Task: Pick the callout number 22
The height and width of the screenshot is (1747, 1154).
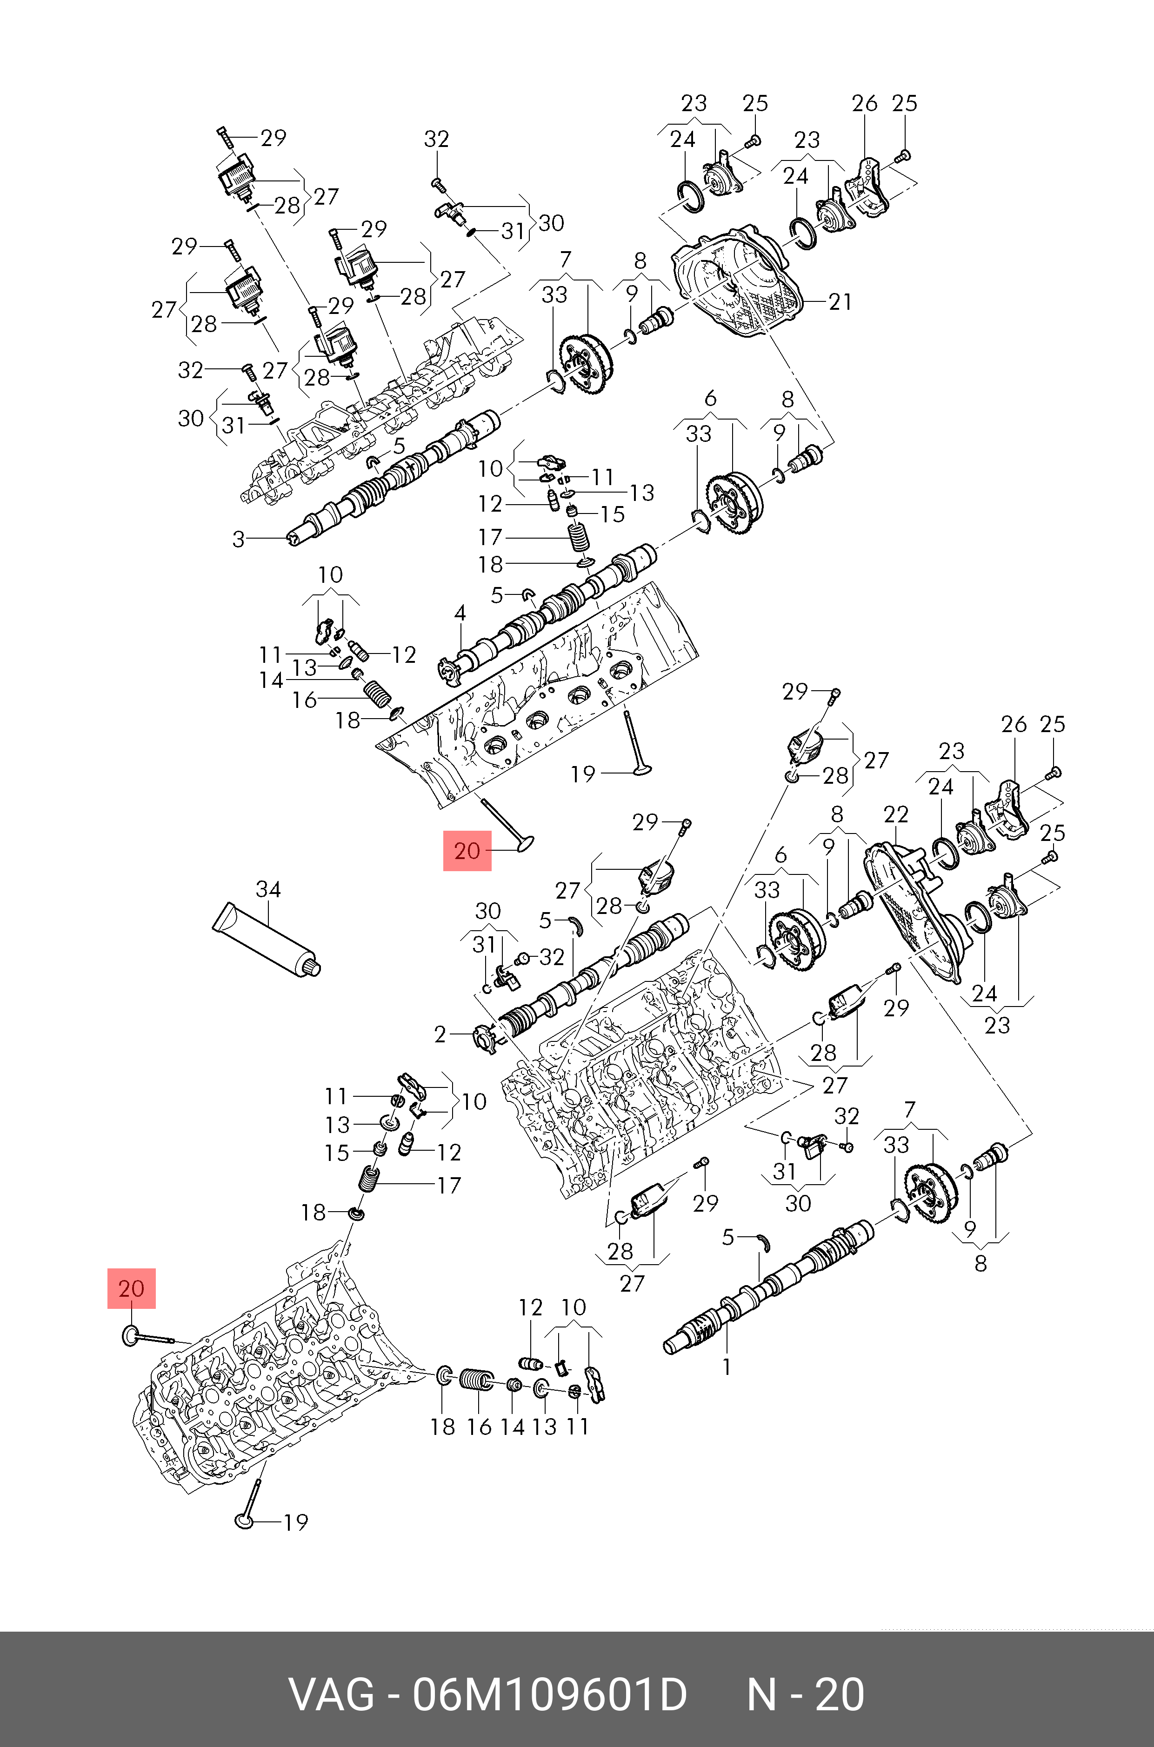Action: pyautogui.click(x=896, y=814)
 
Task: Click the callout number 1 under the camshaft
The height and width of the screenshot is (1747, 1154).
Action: pyautogui.click(x=727, y=1367)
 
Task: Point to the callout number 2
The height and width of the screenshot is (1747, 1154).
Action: pyautogui.click(x=440, y=1034)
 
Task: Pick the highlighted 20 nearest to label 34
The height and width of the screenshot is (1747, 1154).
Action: pyautogui.click(x=467, y=851)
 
